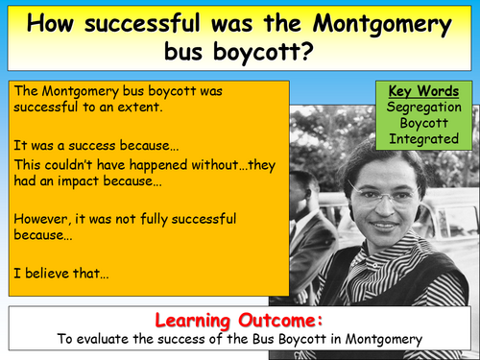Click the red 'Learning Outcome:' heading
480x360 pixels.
tap(239, 319)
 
